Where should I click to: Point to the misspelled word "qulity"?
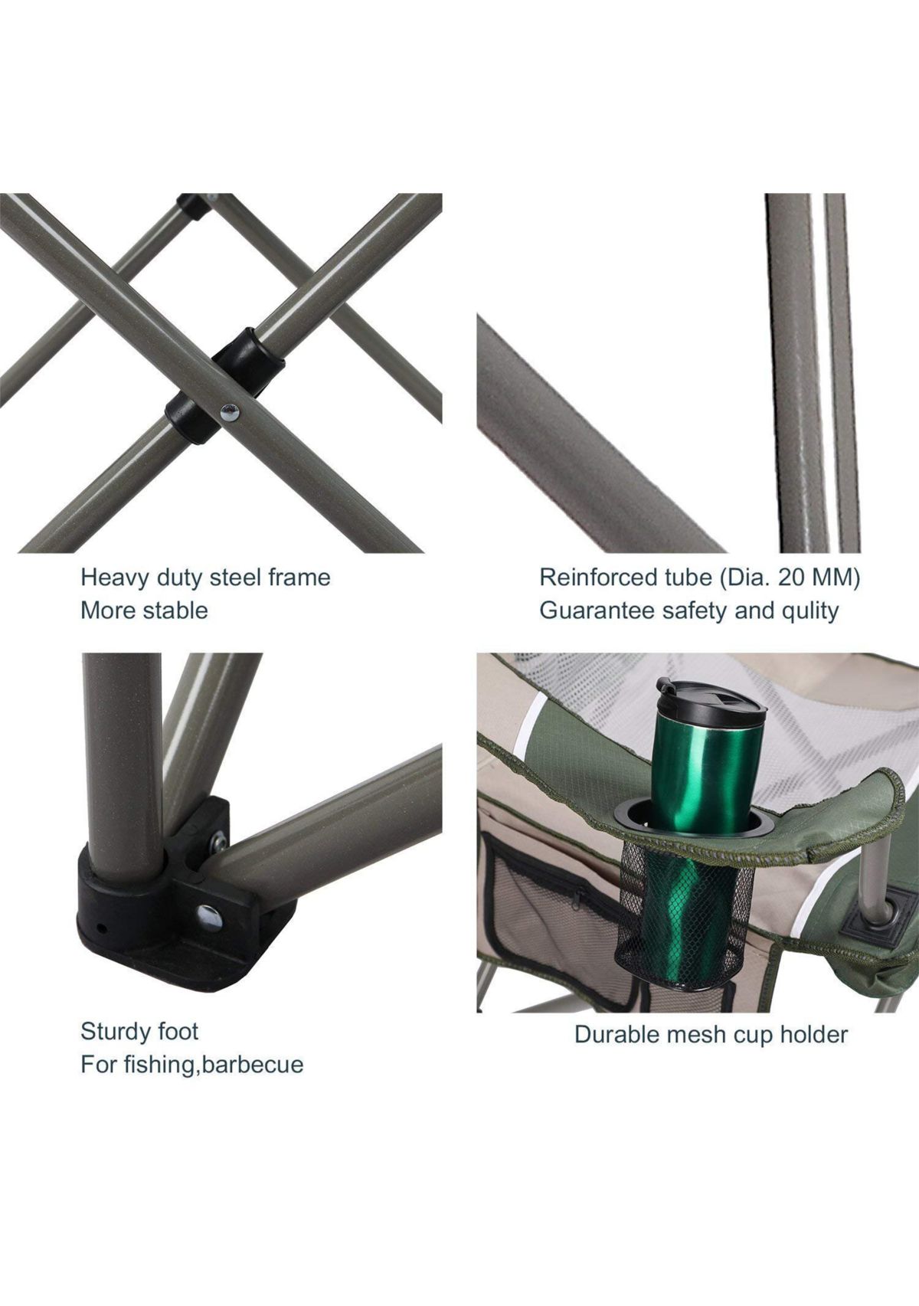[808, 611]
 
